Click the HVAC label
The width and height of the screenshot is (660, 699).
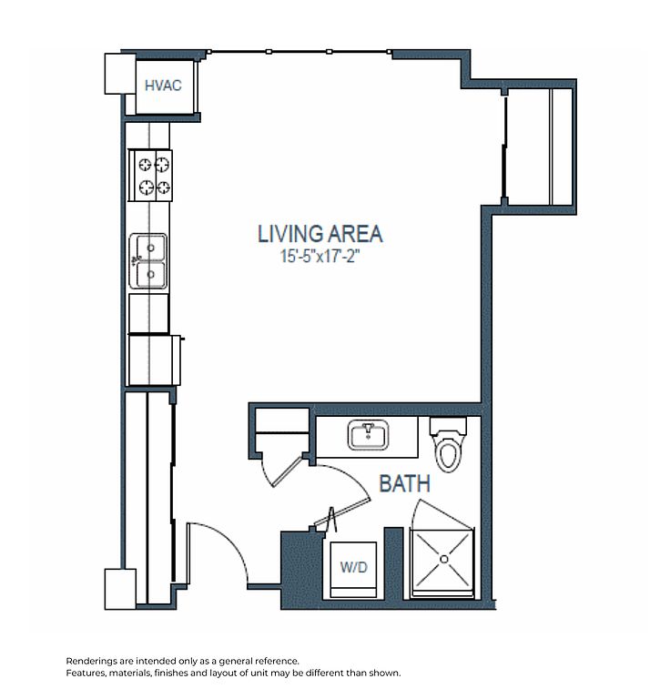click(163, 86)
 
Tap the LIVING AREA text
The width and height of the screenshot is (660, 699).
click(320, 234)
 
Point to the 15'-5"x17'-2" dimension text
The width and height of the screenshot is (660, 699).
click(320, 257)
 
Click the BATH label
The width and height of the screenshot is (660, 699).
click(404, 483)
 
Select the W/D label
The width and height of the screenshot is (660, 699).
click(353, 567)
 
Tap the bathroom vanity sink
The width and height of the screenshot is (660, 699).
click(368, 435)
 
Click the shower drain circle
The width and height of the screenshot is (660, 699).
click(443, 559)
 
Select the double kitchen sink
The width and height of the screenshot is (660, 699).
click(148, 261)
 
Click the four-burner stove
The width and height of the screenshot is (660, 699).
click(150, 176)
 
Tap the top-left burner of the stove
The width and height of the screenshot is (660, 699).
click(145, 165)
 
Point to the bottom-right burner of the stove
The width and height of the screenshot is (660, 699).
click(163, 187)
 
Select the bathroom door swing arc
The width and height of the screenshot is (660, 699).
click(352, 476)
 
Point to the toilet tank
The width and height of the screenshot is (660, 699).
click(448, 426)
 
